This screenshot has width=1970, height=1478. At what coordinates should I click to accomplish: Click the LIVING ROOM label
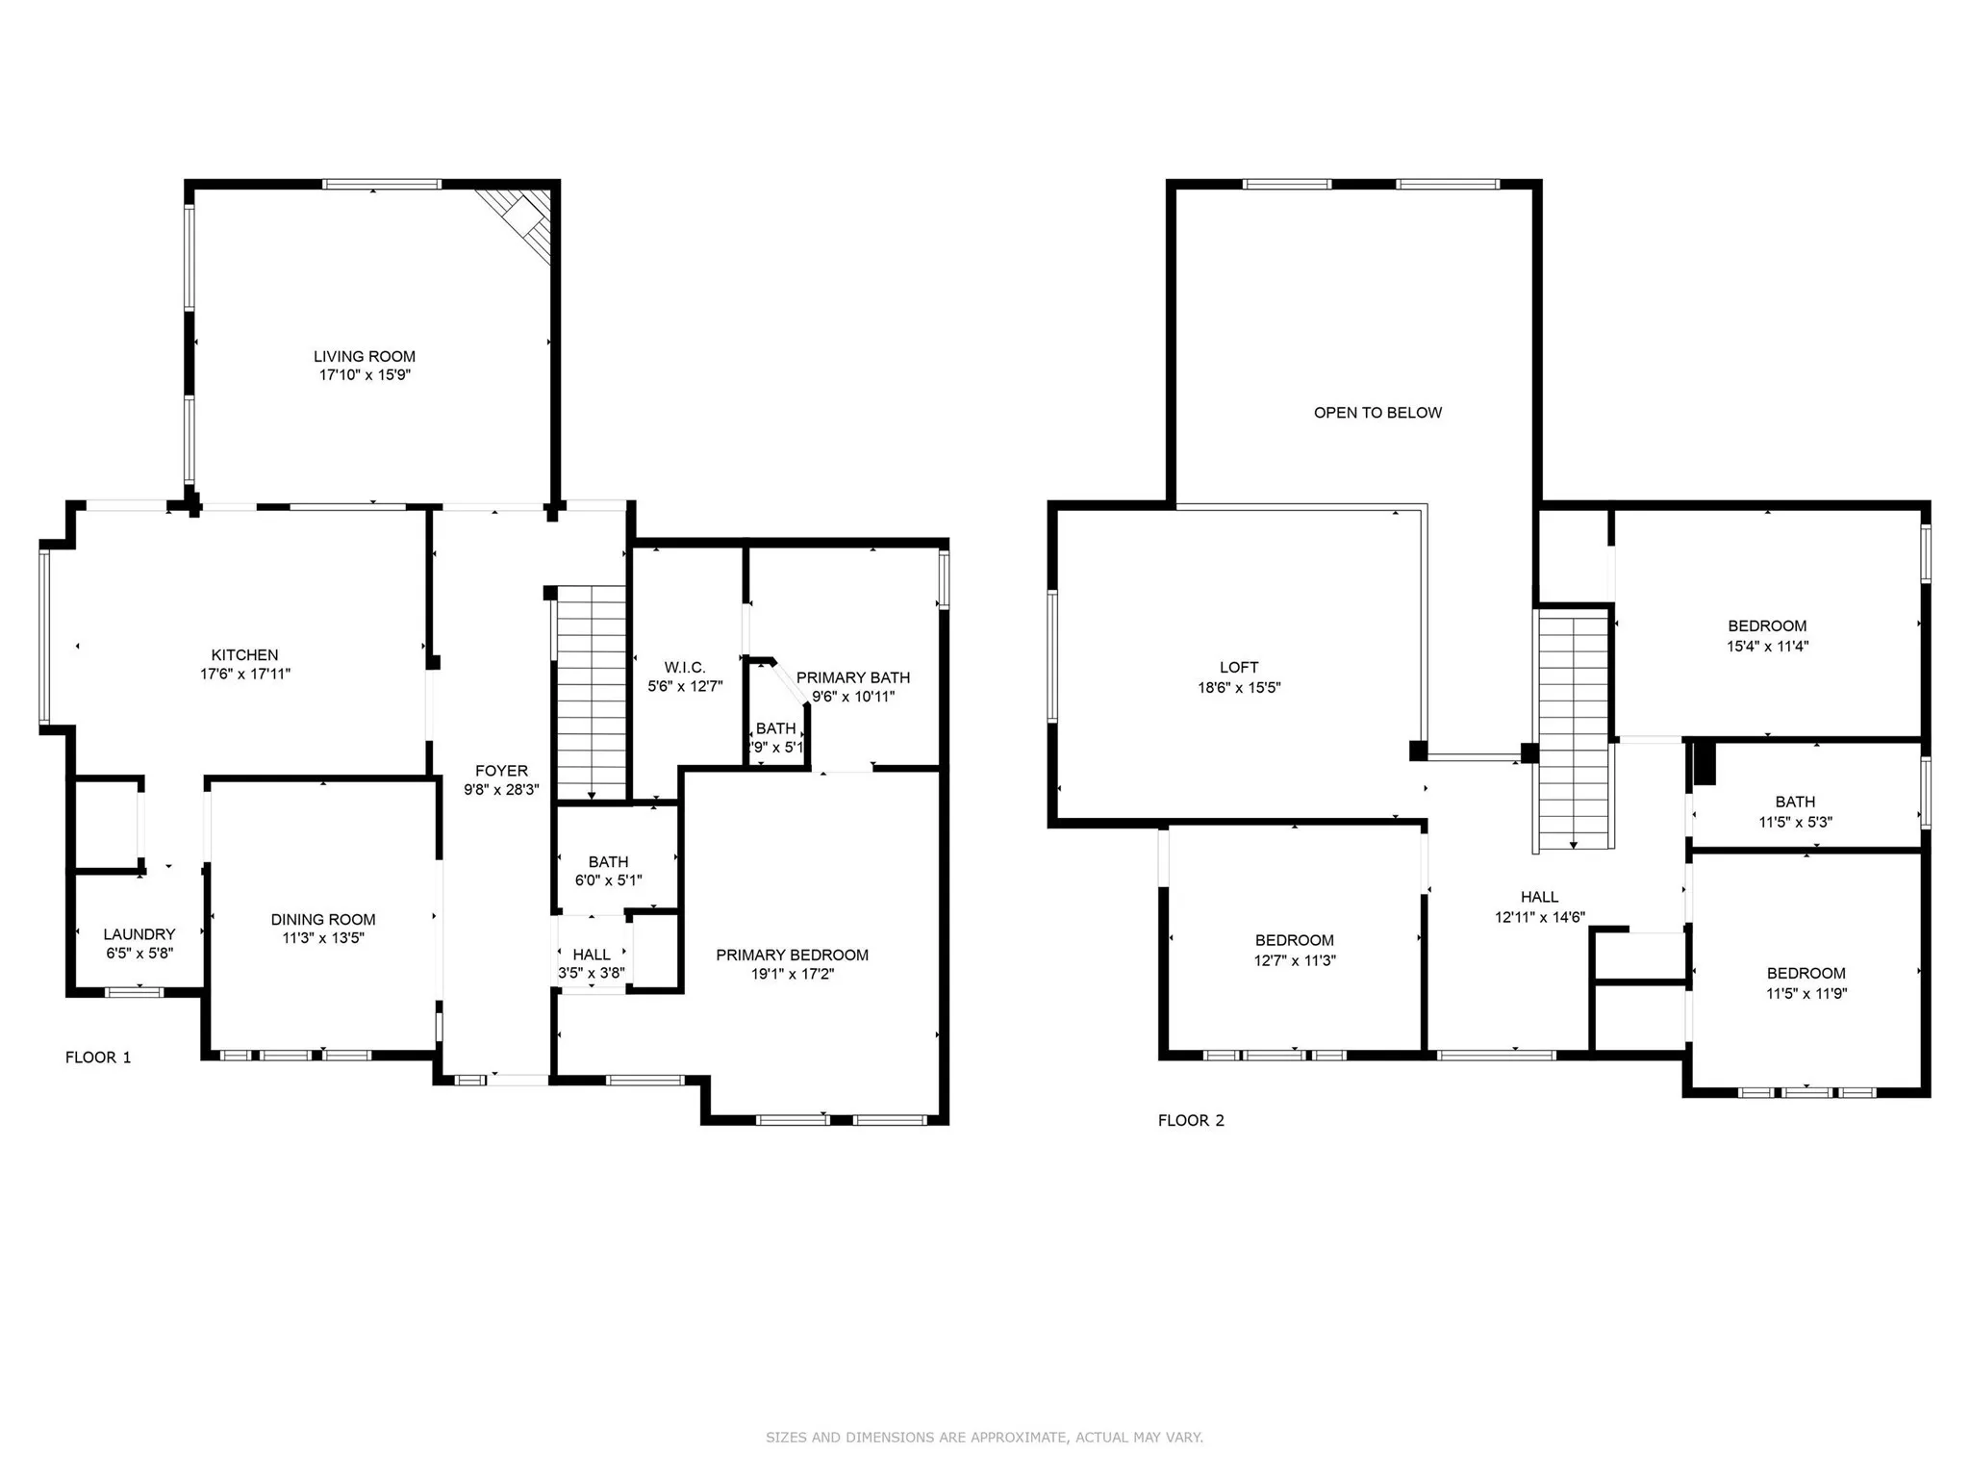(365, 357)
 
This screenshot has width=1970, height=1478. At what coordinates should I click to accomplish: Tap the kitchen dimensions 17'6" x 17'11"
(245, 675)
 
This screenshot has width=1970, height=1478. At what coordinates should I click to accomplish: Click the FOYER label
(501, 771)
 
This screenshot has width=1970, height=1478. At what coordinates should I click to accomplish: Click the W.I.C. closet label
(685, 668)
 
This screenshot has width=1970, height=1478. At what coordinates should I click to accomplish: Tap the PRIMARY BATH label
(852, 677)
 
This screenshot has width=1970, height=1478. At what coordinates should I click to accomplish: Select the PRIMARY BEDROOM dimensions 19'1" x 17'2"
(792, 974)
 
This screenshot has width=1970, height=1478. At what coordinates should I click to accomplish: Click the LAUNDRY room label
(139, 934)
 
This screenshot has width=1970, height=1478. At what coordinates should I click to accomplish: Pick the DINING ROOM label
(323, 920)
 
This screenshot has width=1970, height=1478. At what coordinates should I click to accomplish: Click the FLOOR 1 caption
(98, 1058)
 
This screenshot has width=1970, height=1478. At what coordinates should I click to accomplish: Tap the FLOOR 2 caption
(1191, 1120)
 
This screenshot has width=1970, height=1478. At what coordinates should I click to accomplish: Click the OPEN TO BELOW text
(1377, 413)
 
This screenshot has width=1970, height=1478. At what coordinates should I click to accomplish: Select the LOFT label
(1239, 667)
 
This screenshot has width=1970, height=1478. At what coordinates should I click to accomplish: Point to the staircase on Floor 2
(1574, 731)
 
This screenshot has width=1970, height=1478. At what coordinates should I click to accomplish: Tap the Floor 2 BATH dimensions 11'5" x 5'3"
(1795, 823)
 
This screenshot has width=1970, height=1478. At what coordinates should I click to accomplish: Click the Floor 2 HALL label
(1539, 897)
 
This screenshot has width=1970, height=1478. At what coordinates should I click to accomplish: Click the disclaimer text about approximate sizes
(984, 1438)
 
